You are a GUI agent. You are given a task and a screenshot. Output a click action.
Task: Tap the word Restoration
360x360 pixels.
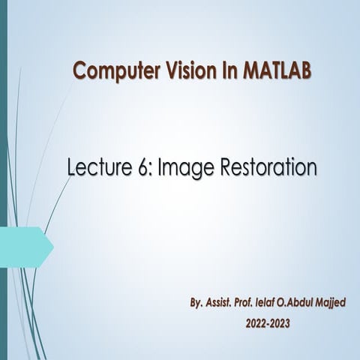[264, 167]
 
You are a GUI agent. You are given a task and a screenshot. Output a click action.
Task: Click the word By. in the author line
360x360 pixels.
[196, 305]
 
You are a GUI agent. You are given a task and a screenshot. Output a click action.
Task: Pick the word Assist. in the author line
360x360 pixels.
[224, 305]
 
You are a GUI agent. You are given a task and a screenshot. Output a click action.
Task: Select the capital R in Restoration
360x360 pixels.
[218, 167]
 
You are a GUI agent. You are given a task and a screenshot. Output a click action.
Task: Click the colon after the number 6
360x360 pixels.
[150, 169]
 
